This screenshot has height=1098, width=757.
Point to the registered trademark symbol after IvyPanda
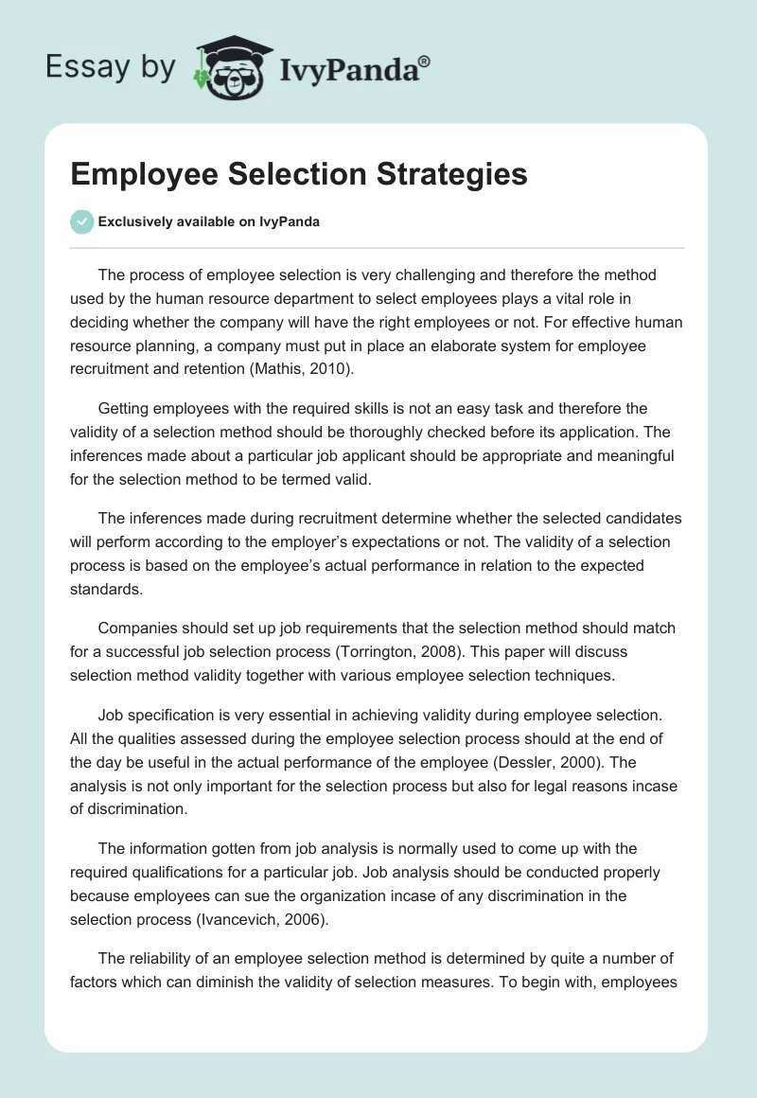coord(425,61)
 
